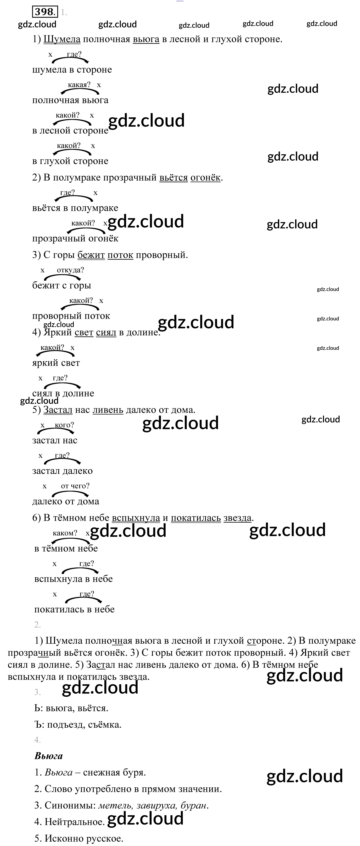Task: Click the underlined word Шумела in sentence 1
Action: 62,39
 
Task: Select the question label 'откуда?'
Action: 70,270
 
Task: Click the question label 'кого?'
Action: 64,425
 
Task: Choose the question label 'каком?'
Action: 65,533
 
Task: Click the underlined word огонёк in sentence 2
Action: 205,178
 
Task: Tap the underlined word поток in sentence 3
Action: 120,255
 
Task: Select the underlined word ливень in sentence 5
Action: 108,410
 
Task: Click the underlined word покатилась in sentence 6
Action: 196,518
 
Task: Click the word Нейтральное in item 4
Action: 74,822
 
